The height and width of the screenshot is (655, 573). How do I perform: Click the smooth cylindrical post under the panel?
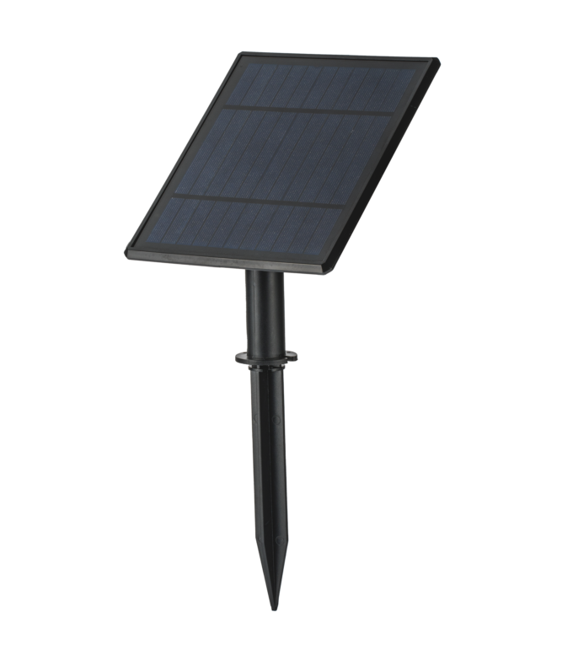[268, 312]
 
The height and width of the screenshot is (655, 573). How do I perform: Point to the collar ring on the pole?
[267, 360]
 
